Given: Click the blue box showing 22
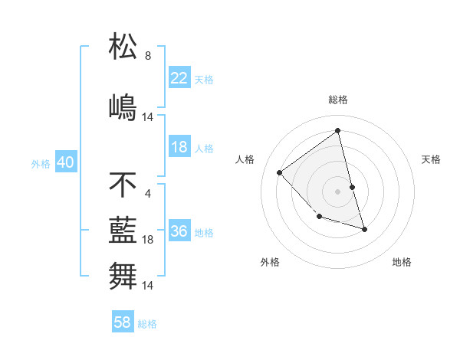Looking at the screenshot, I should pos(179,79).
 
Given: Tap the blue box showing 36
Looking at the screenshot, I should pos(179,232).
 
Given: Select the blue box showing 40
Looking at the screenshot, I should pos(65,163).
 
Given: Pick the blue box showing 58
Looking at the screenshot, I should pos(123,323).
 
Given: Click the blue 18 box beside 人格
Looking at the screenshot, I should pos(179,148).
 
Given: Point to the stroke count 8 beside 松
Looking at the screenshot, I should pos(148,56).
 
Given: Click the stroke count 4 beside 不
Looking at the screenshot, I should pos(148,193).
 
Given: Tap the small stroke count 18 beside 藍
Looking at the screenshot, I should pos(149,240).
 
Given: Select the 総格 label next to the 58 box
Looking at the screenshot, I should pos(147,324).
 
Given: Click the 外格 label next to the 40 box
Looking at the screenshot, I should pos(41,164).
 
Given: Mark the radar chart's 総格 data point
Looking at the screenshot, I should pos(338,130).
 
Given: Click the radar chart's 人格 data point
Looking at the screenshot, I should pos(280,172).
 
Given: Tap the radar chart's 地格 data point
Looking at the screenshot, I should pos(364,229).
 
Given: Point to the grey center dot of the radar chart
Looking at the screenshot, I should pos(338,191).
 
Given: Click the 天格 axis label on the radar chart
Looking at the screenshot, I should pos(431,159).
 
